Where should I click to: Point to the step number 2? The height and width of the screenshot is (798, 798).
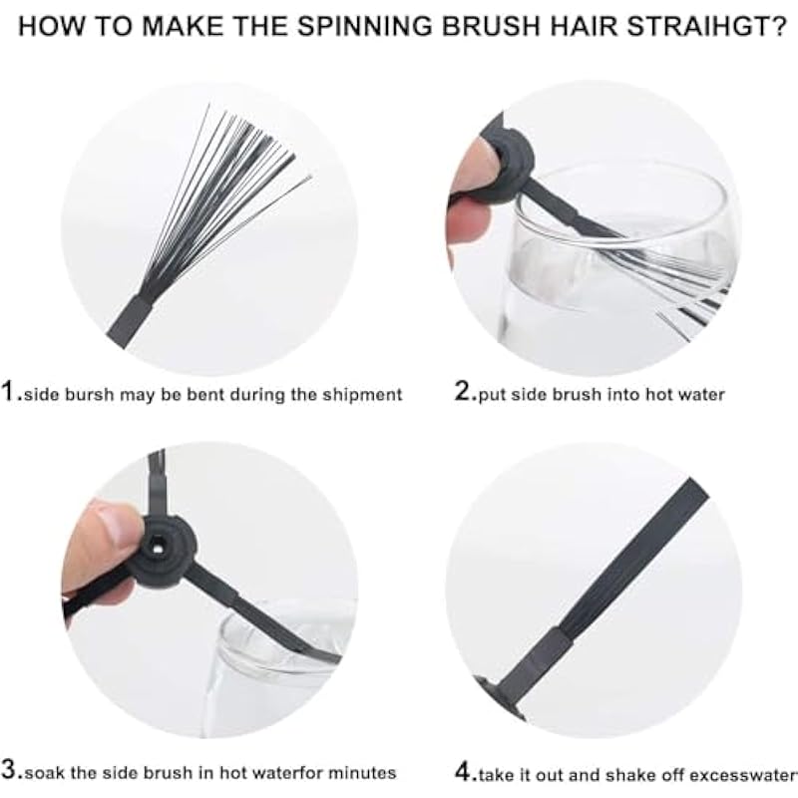point(463,392)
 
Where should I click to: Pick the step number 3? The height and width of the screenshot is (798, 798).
point(10,770)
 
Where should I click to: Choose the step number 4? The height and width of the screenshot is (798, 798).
point(464,772)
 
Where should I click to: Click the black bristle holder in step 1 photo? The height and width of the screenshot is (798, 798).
point(131,320)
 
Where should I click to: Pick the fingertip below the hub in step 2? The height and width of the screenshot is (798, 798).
point(467,218)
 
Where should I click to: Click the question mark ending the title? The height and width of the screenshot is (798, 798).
point(777,27)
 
